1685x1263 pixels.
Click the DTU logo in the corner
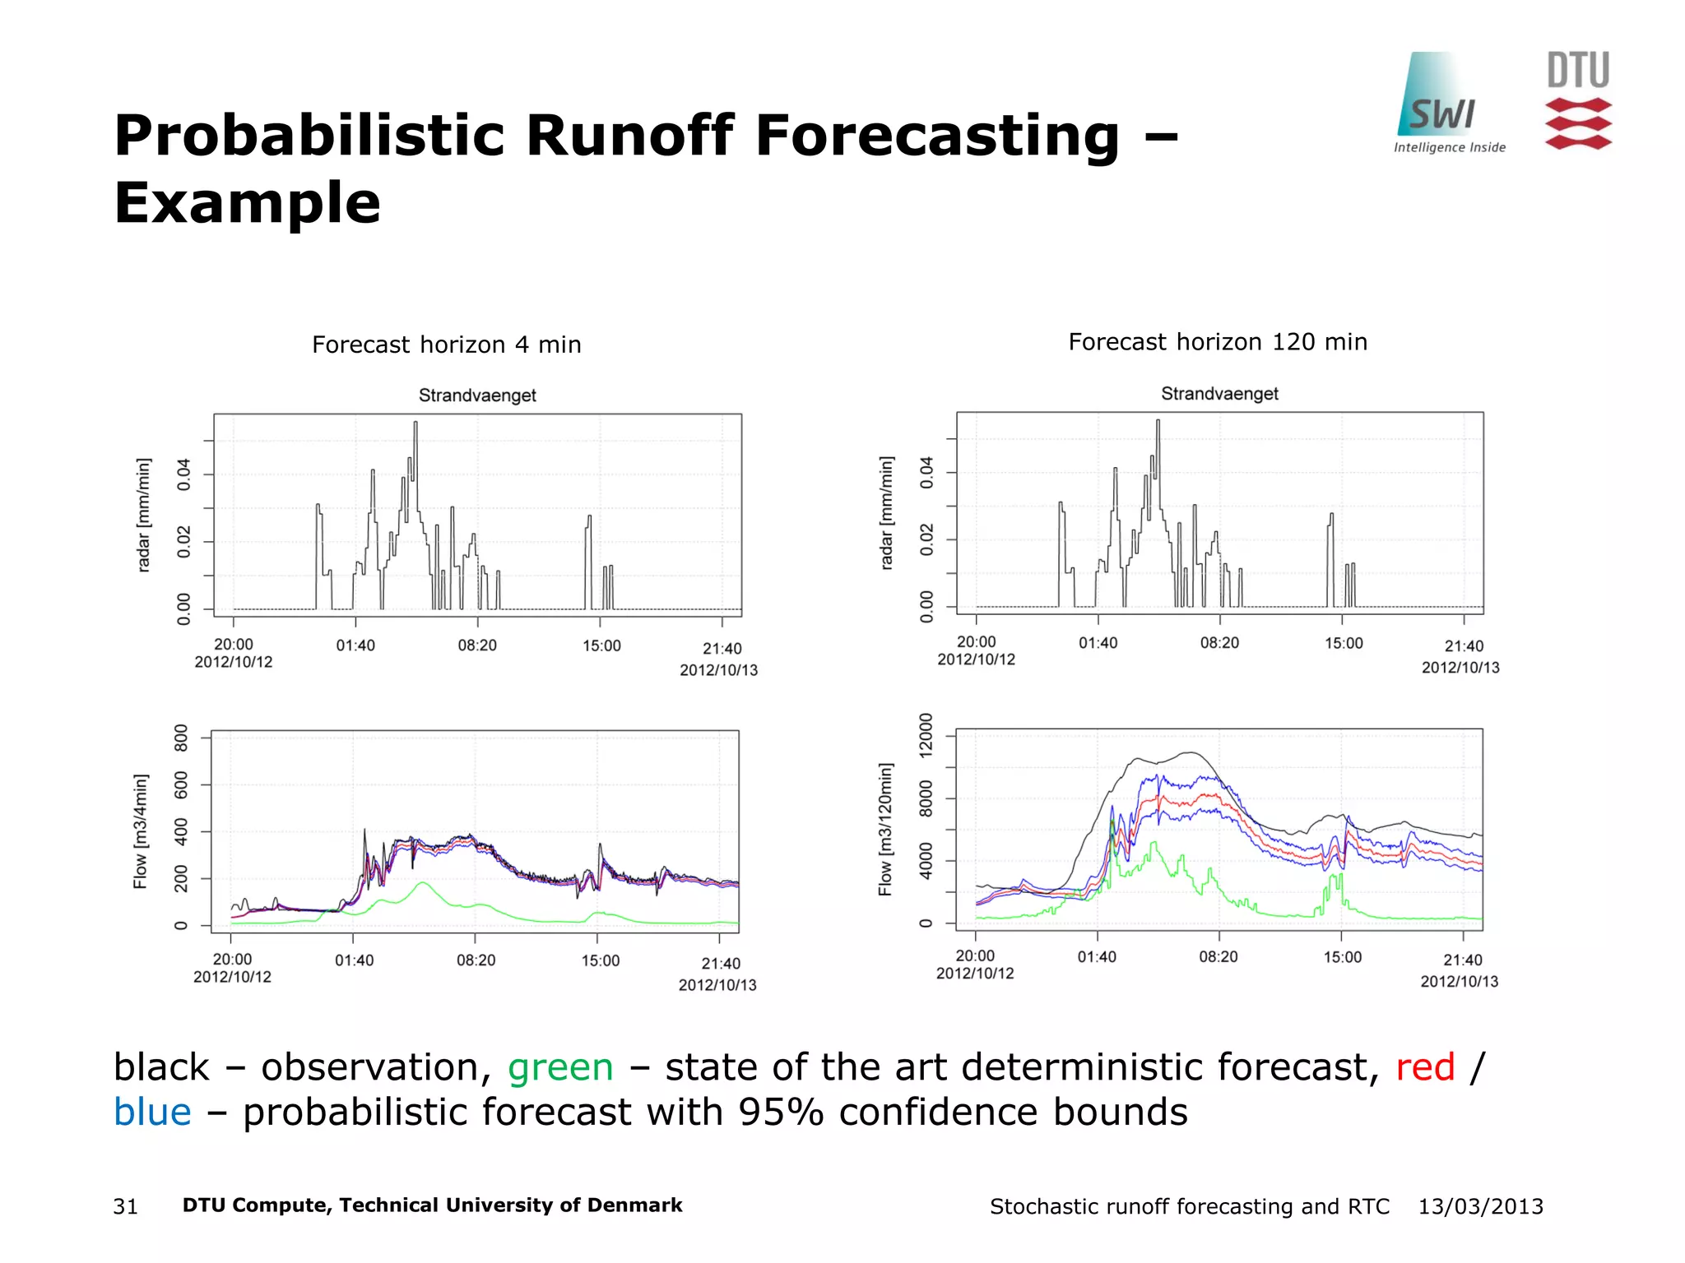1577,100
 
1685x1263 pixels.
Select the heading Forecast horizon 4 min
446,345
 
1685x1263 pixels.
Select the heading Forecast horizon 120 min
1217,342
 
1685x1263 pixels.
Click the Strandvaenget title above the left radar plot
477,396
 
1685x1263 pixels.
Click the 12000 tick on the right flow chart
926,734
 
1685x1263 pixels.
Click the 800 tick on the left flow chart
182,738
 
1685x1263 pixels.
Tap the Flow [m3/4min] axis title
141,830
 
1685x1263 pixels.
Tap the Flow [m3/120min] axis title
885,829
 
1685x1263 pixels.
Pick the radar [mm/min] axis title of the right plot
886,512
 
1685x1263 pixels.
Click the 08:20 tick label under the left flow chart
476,960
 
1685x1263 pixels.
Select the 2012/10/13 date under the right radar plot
1460,668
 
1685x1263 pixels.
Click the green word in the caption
560,1067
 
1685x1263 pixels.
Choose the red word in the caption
1425,1067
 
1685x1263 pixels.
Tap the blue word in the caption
152,1113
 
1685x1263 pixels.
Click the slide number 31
125,1206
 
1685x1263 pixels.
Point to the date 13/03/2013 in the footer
1480,1206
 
